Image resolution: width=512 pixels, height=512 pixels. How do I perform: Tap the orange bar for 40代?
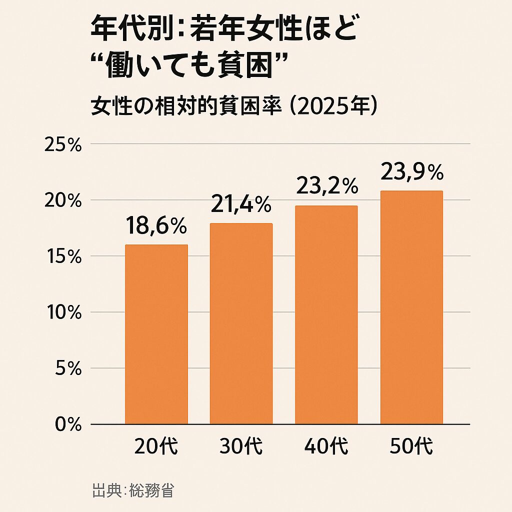click(x=326, y=315)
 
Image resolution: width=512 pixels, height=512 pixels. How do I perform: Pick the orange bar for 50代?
click(x=411, y=307)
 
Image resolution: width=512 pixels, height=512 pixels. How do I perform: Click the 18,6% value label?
click(x=156, y=226)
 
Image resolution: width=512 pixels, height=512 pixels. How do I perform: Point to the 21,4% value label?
click(x=241, y=204)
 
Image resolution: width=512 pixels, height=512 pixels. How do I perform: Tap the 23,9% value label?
click(x=412, y=172)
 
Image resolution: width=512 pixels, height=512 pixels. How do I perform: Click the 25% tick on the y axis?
click(x=63, y=145)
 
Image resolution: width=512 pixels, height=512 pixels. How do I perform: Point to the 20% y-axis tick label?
click(x=63, y=201)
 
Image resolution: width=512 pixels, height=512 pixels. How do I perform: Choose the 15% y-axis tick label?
click(x=63, y=257)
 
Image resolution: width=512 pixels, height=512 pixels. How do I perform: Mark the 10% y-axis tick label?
click(x=63, y=313)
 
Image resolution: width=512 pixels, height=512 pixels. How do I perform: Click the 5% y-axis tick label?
click(x=67, y=369)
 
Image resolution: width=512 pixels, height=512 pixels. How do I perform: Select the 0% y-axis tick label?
click(x=67, y=424)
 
